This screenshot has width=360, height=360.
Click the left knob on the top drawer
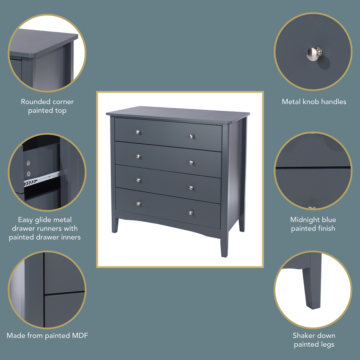(137, 132)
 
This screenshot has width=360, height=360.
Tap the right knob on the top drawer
(192, 136)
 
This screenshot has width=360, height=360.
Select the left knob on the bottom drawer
(138, 203)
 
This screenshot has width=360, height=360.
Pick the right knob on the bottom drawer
(191, 212)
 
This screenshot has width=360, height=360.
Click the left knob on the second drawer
(138, 156)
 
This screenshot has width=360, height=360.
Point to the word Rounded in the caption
(35, 102)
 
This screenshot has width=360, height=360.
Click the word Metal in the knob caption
(291, 102)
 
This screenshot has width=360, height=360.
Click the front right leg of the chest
(224, 245)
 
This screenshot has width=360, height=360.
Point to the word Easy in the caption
(26, 220)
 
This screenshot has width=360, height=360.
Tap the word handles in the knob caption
(333, 102)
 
